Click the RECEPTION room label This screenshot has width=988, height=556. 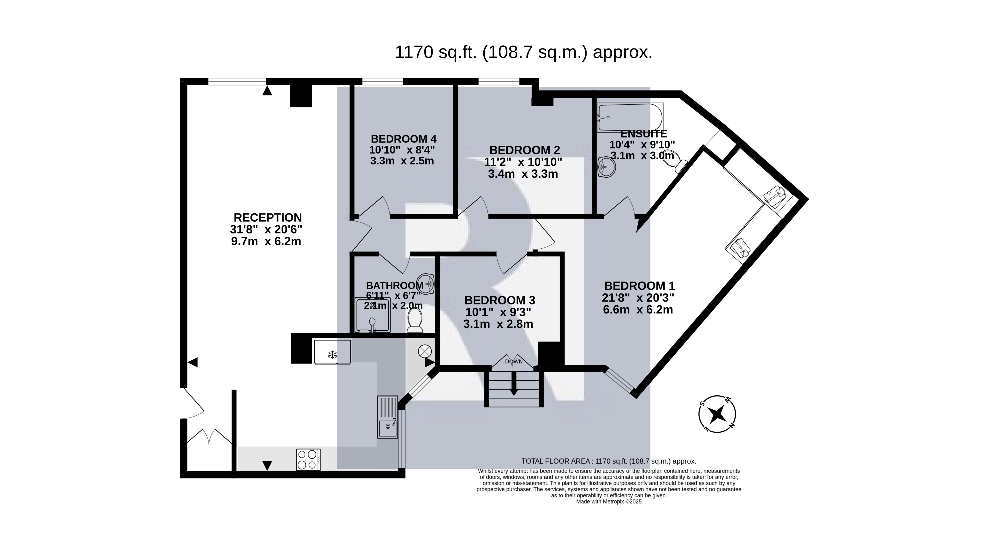268,218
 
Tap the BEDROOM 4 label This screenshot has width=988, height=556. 403,139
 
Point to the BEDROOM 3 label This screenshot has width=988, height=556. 500,300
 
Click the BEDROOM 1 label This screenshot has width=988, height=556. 639,286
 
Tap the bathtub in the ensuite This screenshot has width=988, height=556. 630,117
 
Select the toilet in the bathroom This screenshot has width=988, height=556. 415,320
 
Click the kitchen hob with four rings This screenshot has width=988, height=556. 308,459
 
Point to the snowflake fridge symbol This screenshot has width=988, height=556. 332,355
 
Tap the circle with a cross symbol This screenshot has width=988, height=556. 425,351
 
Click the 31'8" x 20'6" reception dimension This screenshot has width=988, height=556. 266,229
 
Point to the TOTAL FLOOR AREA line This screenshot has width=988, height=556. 609,461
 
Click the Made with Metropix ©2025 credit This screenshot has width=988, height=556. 609,501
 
